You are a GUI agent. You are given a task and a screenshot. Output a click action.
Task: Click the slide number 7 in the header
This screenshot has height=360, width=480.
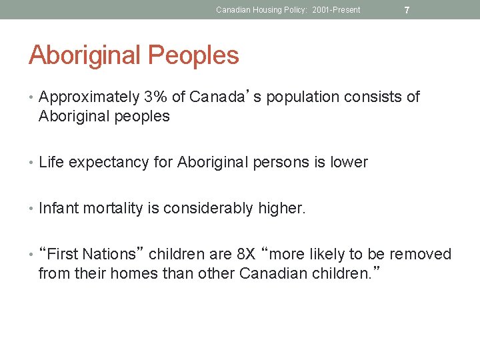point(407,10)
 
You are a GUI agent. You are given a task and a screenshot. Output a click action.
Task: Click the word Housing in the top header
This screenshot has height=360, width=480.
point(263,10)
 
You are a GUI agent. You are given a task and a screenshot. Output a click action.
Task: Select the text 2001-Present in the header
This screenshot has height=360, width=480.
point(336,10)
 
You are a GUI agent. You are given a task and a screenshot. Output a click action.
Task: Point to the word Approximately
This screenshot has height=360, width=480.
point(89,97)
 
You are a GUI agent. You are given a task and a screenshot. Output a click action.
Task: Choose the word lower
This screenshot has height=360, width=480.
point(349,163)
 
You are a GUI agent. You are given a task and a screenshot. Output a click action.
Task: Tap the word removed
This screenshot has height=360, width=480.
point(420,255)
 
